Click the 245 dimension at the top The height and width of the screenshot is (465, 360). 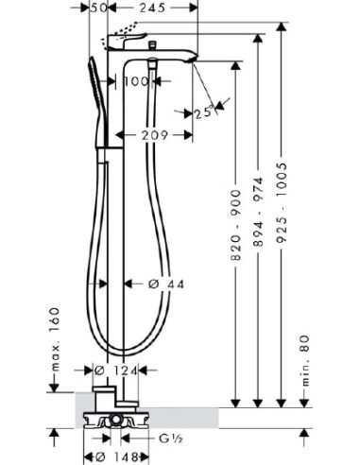coord(152,8)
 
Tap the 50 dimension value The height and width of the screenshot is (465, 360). coord(99,8)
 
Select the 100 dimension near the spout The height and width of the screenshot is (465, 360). coord(136,81)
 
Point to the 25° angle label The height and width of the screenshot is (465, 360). coord(204,112)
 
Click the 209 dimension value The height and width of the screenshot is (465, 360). coord(155,135)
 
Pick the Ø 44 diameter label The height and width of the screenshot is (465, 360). coord(166,284)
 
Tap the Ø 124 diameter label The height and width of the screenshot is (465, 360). coord(116,370)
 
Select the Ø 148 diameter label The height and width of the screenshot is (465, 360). coord(116,456)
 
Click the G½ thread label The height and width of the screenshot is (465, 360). coord(171,439)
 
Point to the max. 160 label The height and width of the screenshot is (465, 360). coord(55,339)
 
